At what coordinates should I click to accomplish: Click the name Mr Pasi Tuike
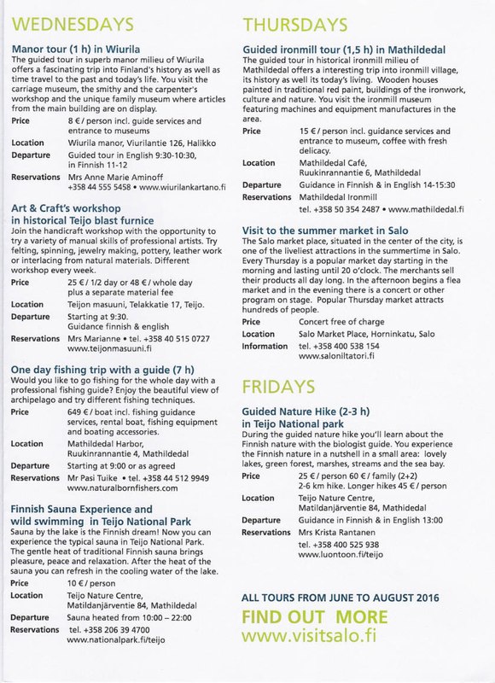(x=93, y=478)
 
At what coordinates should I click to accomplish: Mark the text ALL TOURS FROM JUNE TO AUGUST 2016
(x=341, y=596)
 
